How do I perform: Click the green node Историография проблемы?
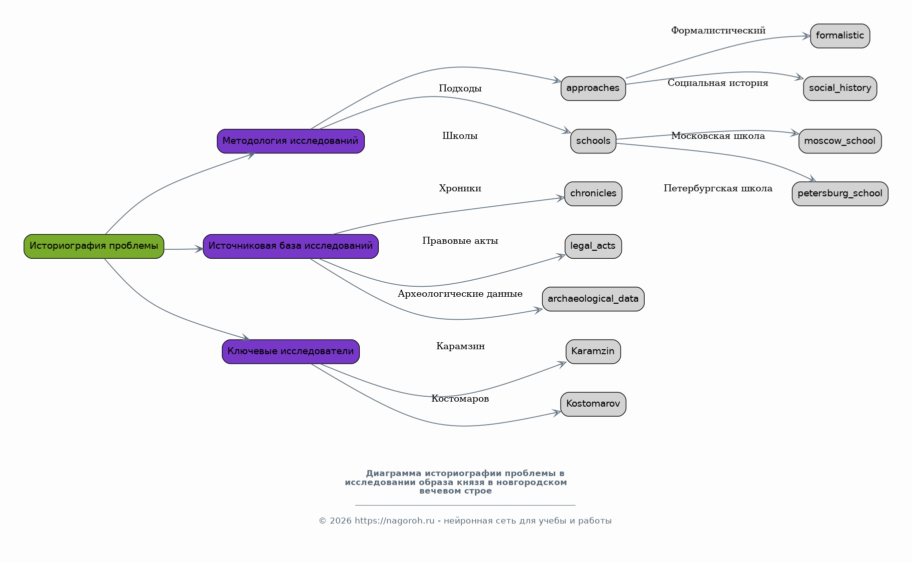point(94,246)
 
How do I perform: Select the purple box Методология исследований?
point(291,141)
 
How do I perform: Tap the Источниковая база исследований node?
point(291,246)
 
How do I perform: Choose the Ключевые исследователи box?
point(291,352)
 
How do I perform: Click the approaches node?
point(593,88)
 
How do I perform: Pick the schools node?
point(593,141)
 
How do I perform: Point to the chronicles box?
point(593,194)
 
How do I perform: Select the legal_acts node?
point(593,246)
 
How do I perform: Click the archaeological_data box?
point(593,299)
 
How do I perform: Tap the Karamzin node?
point(593,352)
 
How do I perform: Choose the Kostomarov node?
point(593,404)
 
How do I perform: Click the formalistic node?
point(840,36)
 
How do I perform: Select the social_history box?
point(840,88)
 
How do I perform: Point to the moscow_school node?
point(840,141)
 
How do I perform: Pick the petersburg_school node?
point(840,194)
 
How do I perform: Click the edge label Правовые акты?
point(460,241)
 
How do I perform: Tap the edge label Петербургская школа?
point(718,188)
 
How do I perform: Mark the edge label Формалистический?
point(718,30)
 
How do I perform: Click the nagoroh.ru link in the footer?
point(395,521)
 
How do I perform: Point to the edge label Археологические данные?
point(460,294)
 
